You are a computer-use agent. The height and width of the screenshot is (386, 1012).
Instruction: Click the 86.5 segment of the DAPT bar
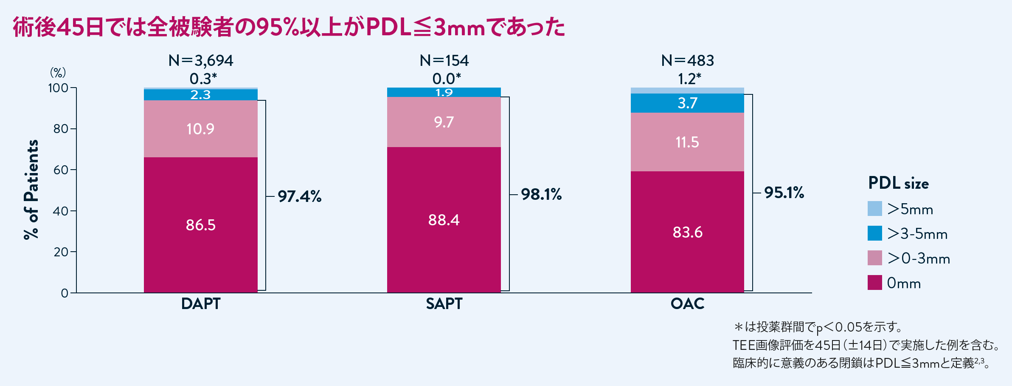pos(200,225)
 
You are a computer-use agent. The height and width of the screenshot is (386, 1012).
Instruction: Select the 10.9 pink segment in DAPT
pos(200,129)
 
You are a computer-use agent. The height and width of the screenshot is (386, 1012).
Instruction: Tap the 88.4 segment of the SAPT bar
pos(444,220)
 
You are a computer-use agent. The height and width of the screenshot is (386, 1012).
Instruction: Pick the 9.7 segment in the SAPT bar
pos(444,122)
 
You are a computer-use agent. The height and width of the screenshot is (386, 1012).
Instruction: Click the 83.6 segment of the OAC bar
pos(687,232)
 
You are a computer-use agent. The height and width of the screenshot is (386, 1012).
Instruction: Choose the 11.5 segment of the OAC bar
pos(687,142)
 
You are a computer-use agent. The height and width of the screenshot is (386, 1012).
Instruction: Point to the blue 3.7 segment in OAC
pos(687,103)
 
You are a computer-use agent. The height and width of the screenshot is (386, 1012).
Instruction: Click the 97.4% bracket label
pos(300,196)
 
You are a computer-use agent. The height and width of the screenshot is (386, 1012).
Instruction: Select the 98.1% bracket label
pos(541,194)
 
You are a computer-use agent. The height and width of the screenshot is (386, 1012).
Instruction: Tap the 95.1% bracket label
pos(784,193)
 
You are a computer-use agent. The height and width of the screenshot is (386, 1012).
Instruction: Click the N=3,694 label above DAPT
pos(201,61)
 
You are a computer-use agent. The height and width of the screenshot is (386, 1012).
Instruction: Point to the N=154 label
pos(444,61)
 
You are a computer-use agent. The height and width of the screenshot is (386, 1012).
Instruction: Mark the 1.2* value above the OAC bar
pos(689,79)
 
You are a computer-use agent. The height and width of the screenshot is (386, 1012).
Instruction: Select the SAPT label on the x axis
pos(444,304)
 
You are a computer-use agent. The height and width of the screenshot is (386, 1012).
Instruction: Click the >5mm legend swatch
pos(875,209)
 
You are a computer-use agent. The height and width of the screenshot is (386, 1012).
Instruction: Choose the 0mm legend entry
pos(894,283)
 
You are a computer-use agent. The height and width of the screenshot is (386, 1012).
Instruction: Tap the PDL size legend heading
pos(898,183)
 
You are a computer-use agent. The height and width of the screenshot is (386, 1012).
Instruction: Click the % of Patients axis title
pos(31,190)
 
